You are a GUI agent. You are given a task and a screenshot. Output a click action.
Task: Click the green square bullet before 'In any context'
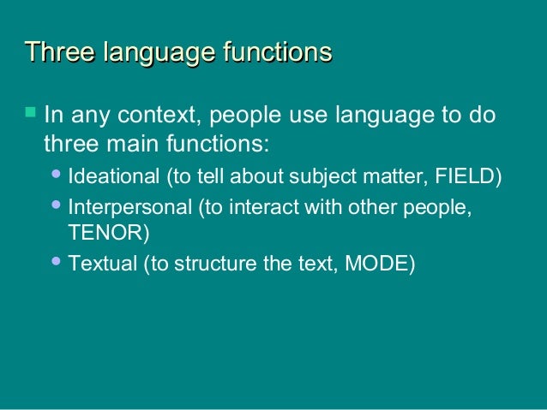click(x=31, y=111)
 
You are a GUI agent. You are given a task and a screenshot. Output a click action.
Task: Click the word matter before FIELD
click(x=390, y=177)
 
